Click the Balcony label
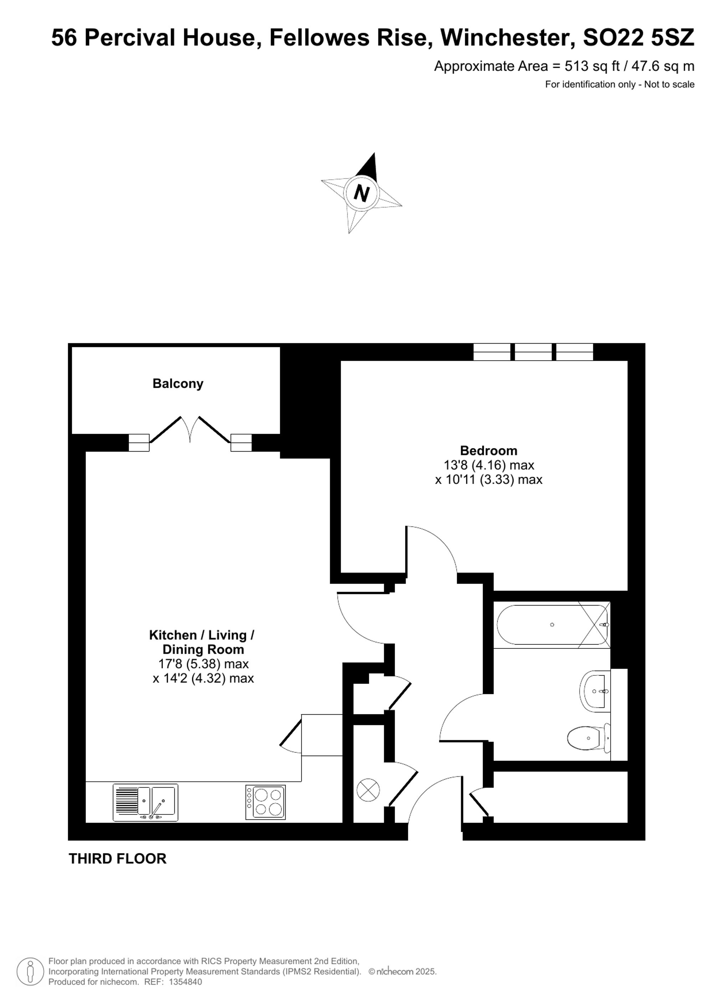(178, 384)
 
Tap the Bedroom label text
(489, 451)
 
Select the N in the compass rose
(361, 193)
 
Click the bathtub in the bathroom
(552, 625)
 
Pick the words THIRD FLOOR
(118, 858)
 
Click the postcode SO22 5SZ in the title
(638, 37)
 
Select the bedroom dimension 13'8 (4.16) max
(489, 465)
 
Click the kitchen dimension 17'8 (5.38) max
(203, 663)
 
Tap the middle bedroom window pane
(533, 352)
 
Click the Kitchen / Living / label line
(201, 635)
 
